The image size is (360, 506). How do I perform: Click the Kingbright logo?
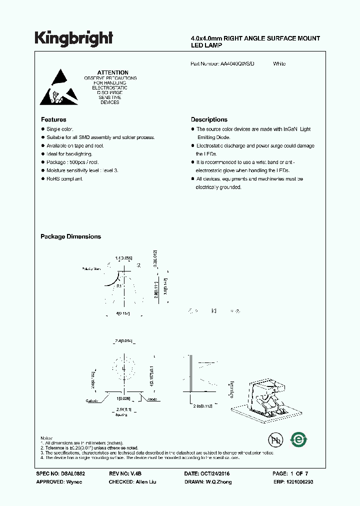[73, 38]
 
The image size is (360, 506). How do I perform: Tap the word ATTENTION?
[113, 72]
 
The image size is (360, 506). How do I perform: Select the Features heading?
[53, 119]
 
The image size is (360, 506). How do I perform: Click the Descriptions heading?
[209, 119]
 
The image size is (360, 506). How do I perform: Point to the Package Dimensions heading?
[70, 236]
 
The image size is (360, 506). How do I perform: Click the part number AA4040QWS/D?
[237, 64]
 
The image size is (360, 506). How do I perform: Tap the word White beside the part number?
[279, 64]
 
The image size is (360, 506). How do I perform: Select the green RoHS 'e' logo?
[299, 439]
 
